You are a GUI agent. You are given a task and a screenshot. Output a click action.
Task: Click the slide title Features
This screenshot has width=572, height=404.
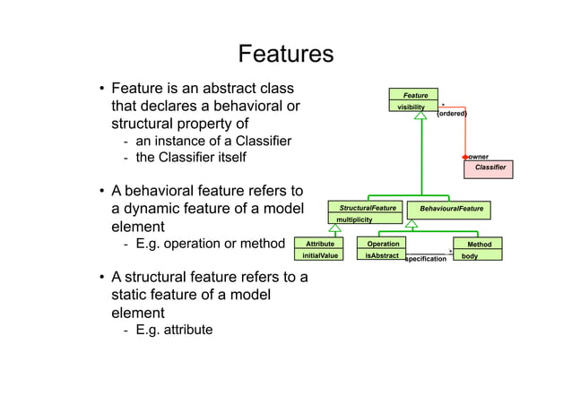(x=285, y=55)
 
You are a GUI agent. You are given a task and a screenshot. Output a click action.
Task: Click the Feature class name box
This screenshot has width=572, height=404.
(x=414, y=95)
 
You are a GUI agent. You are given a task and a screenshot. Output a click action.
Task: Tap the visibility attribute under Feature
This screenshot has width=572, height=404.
(x=412, y=107)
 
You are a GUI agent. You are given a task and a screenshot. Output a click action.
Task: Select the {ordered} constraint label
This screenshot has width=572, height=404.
(x=451, y=114)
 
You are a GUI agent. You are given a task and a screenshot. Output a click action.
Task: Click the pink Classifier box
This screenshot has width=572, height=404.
(x=490, y=168)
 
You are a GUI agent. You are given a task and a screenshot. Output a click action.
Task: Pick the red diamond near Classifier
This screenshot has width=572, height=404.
(x=465, y=157)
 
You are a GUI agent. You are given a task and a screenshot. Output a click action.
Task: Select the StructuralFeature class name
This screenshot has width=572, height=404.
(x=367, y=208)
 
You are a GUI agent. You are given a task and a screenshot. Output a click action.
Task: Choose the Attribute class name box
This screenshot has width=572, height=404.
(x=320, y=244)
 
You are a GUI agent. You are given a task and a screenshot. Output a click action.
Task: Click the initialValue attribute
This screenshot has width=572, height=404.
(x=320, y=255)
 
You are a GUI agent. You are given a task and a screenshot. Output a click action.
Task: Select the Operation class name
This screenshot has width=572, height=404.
(x=384, y=244)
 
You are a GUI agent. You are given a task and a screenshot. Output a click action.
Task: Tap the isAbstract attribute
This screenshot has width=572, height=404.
(x=383, y=255)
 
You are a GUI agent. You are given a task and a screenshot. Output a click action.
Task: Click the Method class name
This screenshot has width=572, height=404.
(x=479, y=245)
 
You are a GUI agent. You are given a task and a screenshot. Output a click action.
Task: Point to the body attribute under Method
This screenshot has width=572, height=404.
(x=469, y=256)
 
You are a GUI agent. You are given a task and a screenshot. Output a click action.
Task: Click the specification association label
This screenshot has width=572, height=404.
(x=426, y=259)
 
